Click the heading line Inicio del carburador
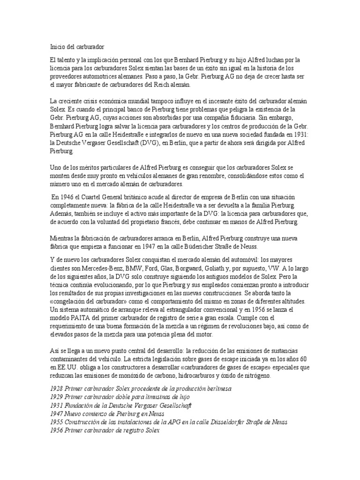click(x=77, y=47)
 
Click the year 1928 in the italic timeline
click(x=56, y=389)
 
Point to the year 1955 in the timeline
click(x=56, y=421)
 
